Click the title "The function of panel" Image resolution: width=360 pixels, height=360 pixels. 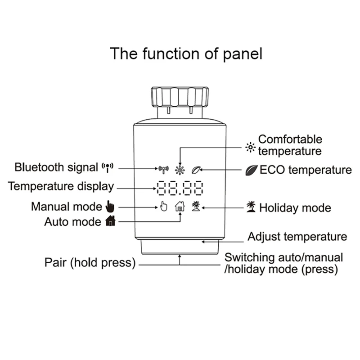point(186,54)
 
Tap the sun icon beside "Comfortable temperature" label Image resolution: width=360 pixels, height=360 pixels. point(250,147)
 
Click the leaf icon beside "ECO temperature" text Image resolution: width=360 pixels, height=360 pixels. point(251,170)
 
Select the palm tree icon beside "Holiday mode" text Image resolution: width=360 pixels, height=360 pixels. point(251,207)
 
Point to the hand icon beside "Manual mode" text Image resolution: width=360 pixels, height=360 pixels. point(110,207)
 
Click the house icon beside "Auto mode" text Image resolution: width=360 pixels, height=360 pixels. point(110,221)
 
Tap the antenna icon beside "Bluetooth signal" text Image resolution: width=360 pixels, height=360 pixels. point(108,168)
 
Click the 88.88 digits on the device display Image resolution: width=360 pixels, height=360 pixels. point(180,188)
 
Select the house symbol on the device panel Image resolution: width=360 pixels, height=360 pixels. point(180,207)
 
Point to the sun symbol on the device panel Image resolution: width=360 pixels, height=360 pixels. point(180,170)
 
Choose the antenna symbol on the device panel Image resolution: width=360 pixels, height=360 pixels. point(163,170)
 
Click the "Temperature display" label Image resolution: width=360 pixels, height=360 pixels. point(61,186)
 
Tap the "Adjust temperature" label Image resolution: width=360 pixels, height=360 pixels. point(297,237)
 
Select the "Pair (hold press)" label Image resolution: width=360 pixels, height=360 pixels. point(90,263)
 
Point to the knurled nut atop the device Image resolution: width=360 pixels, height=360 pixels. point(179,96)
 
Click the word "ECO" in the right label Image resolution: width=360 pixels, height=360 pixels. point(271,170)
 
